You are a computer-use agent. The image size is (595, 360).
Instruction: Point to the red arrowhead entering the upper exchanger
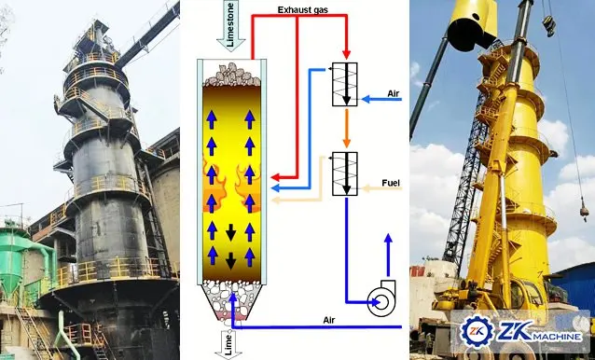pos(347,54)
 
